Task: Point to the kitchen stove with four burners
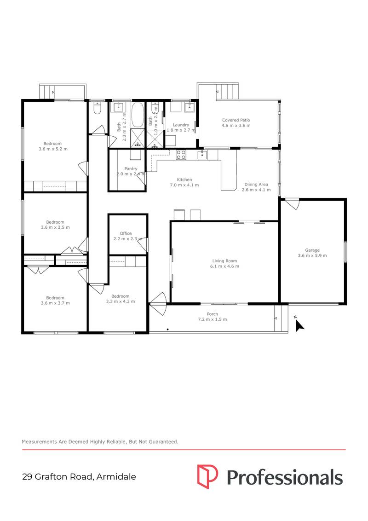tap(181, 155)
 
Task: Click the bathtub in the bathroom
tap(138, 115)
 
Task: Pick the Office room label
tap(126, 233)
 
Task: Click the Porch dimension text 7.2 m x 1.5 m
tap(212, 319)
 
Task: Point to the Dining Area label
tap(256, 184)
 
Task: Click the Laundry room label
tap(181, 125)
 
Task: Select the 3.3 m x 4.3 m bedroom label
tap(120, 299)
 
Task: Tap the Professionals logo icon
tap(207, 477)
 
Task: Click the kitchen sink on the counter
tap(202, 155)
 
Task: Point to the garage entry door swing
tap(292, 204)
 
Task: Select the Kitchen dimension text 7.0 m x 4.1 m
tap(184, 185)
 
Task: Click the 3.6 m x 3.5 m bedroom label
tap(53, 225)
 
